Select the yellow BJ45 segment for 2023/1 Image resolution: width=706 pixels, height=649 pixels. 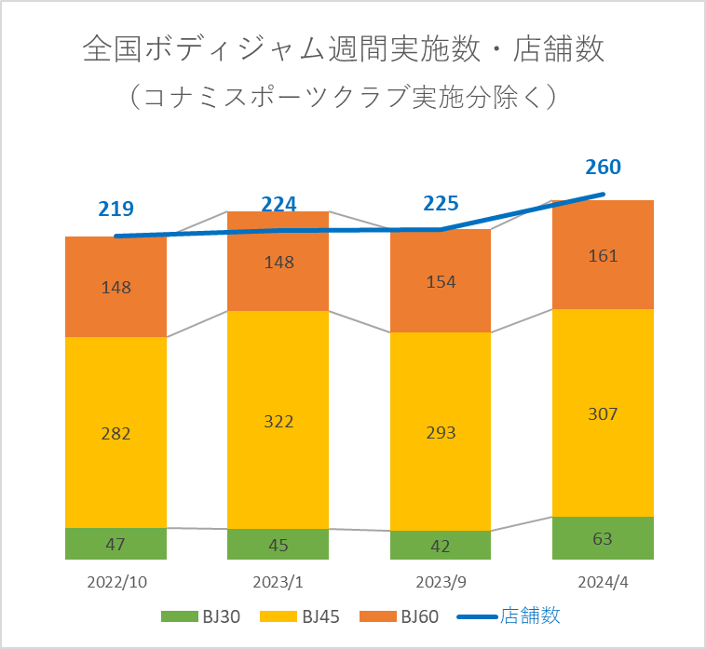[278, 391]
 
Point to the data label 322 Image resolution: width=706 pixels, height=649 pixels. [278, 421]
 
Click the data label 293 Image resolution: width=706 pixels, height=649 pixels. [440, 432]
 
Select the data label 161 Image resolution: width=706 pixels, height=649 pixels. [603, 254]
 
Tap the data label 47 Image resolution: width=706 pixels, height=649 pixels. [115, 544]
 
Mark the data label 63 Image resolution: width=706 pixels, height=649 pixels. [603, 538]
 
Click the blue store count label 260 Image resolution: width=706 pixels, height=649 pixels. [603, 168]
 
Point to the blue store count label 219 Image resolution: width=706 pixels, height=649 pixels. [116, 210]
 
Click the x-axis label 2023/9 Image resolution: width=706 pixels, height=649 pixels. [440, 583]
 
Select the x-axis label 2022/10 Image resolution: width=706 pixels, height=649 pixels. [116, 583]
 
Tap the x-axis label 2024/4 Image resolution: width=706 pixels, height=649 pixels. [603, 583]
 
